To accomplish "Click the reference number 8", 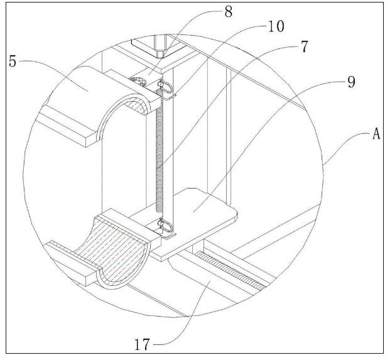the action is (229, 11).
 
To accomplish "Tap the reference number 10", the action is (276, 26).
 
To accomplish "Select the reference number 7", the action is (305, 46).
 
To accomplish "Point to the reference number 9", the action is (351, 82).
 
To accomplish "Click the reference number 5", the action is (13, 61).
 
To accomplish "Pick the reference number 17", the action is (143, 344).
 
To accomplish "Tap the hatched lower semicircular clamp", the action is (117, 251).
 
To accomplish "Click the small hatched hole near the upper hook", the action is (138, 81).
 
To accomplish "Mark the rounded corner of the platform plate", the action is (235, 215).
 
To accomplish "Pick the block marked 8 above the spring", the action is (147, 74).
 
